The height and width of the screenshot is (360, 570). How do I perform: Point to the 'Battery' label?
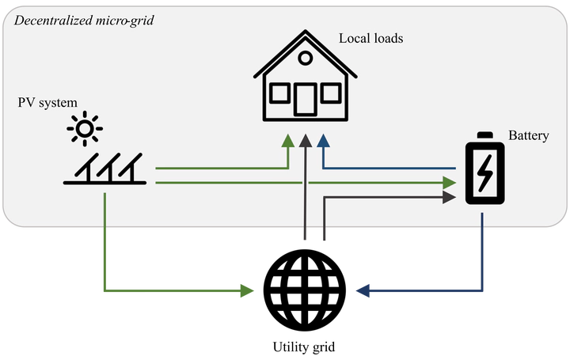pos(528,136)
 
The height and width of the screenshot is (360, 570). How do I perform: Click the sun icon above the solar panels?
pos(84,127)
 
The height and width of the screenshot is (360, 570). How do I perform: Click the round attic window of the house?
pos(305,57)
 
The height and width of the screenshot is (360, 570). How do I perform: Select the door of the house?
pos(305,100)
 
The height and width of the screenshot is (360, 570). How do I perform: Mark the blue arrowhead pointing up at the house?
pos(323,142)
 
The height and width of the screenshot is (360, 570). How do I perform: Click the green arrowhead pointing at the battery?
pos(450,183)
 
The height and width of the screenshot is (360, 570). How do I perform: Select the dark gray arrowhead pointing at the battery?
pos(450,196)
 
